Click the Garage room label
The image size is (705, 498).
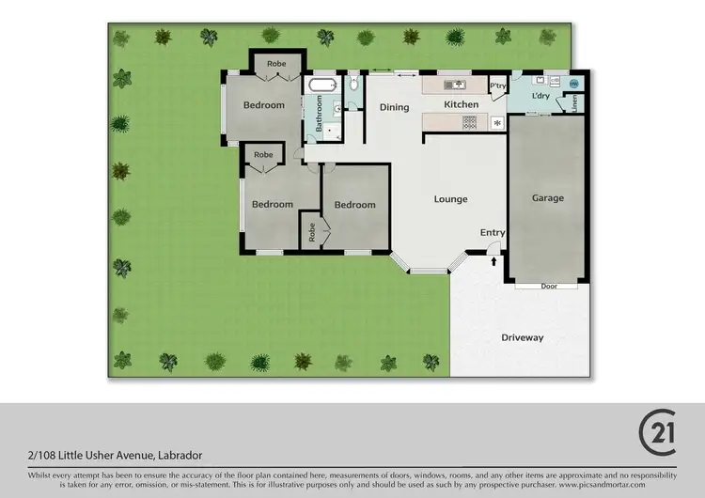(x=548, y=198)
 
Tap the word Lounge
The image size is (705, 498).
(x=450, y=199)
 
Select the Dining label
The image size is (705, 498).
(x=394, y=107)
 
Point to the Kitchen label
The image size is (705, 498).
(x=462, y=104)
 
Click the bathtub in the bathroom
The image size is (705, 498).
(x=321, y=86)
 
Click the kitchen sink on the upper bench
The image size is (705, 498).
(x=460, y=86)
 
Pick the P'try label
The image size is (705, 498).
(x=498, y=86)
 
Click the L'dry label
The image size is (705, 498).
(x=540, y=96)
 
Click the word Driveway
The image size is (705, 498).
(x=522, y=337)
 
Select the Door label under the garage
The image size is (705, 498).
(x=548, y=286)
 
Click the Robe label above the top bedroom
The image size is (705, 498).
(x=275, y=64)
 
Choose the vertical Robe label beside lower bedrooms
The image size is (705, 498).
(x=312, y=233)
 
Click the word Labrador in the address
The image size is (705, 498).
(x=179, y=455)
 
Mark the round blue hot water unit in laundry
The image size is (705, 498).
(x=575, y=84)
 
